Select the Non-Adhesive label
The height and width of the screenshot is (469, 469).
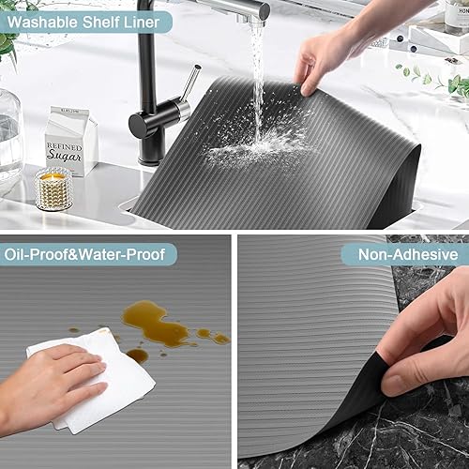coord(404,254)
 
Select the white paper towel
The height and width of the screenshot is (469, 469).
coord(94,380)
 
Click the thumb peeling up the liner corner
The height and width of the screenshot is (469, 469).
coord(413,371)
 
